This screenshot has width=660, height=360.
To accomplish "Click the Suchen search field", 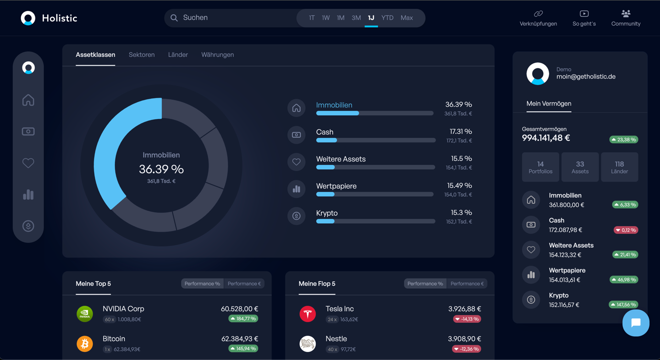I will tap(230, 18).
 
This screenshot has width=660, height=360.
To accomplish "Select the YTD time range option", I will tap(387, 18).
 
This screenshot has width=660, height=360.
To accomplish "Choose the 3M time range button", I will tap(356, 18).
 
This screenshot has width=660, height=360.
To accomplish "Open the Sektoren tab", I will tap(142, 55).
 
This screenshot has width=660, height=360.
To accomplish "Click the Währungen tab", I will tap(218, 55).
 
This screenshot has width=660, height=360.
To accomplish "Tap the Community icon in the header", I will tap(626, 13).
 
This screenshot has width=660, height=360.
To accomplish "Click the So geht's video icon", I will tap(584, 13).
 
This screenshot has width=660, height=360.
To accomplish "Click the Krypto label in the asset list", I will tap(327, 213).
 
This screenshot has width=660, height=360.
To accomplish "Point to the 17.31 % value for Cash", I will tap(461, 131).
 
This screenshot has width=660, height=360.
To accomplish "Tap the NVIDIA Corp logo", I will tap(85, 314).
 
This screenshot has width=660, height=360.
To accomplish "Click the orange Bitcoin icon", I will tap(85, 343).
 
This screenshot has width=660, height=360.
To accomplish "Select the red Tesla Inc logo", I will tap(308, 314).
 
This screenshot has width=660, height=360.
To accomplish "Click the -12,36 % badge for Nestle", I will tap(466, 349).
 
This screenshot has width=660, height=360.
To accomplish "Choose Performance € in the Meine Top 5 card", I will tap(244, 284).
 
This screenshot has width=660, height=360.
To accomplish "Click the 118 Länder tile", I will tap(619, 167).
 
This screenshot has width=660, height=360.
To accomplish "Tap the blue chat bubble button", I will tap(636, 323).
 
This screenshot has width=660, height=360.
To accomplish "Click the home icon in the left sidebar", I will tap(28, 100).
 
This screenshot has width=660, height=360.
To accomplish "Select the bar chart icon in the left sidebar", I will tap(28, 194).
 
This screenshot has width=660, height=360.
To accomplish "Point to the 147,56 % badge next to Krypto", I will tap(623, 305).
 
